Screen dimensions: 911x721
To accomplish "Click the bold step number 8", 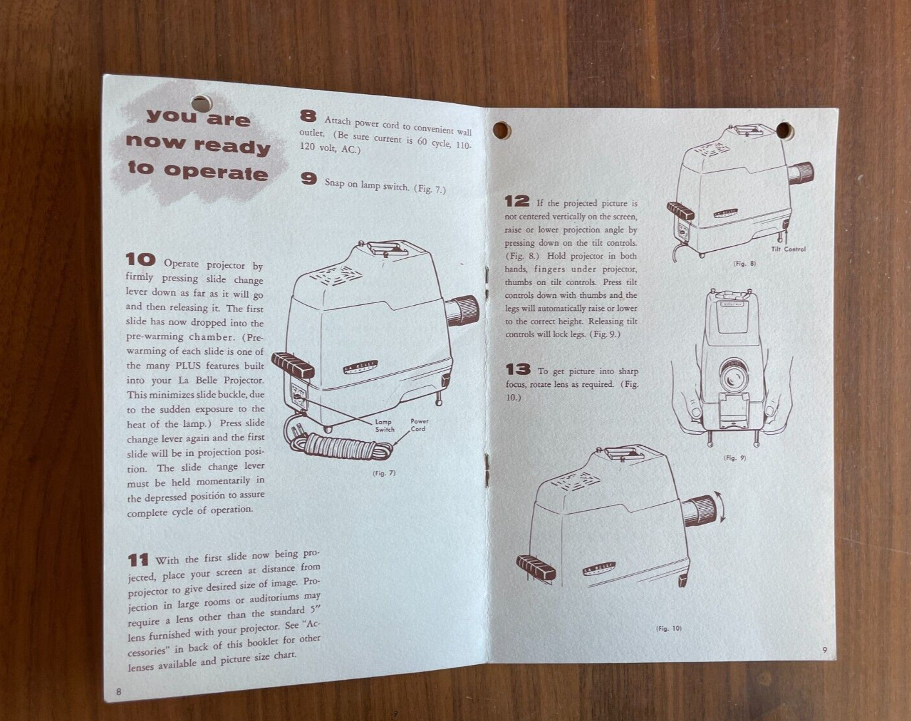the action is click(x=308, y=115).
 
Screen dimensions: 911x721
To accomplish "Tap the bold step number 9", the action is click(x=309, y=179).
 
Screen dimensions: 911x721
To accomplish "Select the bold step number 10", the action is click(x=140, y=259).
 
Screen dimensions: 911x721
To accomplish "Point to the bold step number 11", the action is click(x=138, y=560).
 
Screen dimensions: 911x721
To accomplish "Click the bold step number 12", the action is click(x=517, y=201).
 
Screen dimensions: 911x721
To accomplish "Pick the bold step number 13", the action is click(x=518, y=369).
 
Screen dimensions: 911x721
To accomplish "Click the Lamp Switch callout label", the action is click(x=384, y=426).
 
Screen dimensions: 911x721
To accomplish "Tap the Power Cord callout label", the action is click(x=419, y=425).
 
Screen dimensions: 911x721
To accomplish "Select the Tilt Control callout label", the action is click(x=788, y=249).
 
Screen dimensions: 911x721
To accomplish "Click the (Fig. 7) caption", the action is click(x=384, y=473).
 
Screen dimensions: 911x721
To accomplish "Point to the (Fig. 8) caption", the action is click(x=744, y=263).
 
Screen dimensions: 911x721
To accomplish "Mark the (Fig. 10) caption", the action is click(x=669, y=629).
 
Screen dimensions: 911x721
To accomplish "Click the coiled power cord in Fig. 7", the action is click(x=339, y=446).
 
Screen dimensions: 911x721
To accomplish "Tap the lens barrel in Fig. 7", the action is click(x=463, y=310).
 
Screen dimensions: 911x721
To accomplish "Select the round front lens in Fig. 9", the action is click(x=731, y=375).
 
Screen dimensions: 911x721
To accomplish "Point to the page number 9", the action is click(x=824, y=649).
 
